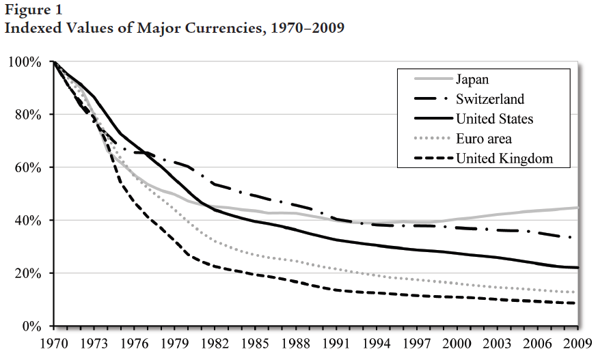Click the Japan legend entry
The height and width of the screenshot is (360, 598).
point(472,79)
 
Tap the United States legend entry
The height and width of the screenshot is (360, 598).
point(494,119)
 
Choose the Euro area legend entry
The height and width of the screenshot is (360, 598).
point(484,139)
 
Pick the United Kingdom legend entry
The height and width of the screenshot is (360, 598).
point(504,159)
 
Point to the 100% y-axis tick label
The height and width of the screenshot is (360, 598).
point(26,62)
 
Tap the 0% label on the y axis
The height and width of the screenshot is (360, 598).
point(33,327)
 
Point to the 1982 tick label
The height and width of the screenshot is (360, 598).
point(215,344)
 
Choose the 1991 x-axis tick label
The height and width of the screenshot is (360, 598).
point(336,344)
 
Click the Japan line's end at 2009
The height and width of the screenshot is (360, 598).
point(578,208)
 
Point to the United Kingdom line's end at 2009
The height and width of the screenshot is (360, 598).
point(578,303)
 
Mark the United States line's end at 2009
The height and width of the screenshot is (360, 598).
point(578,268)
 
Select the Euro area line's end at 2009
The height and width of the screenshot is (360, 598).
point(578,292)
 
